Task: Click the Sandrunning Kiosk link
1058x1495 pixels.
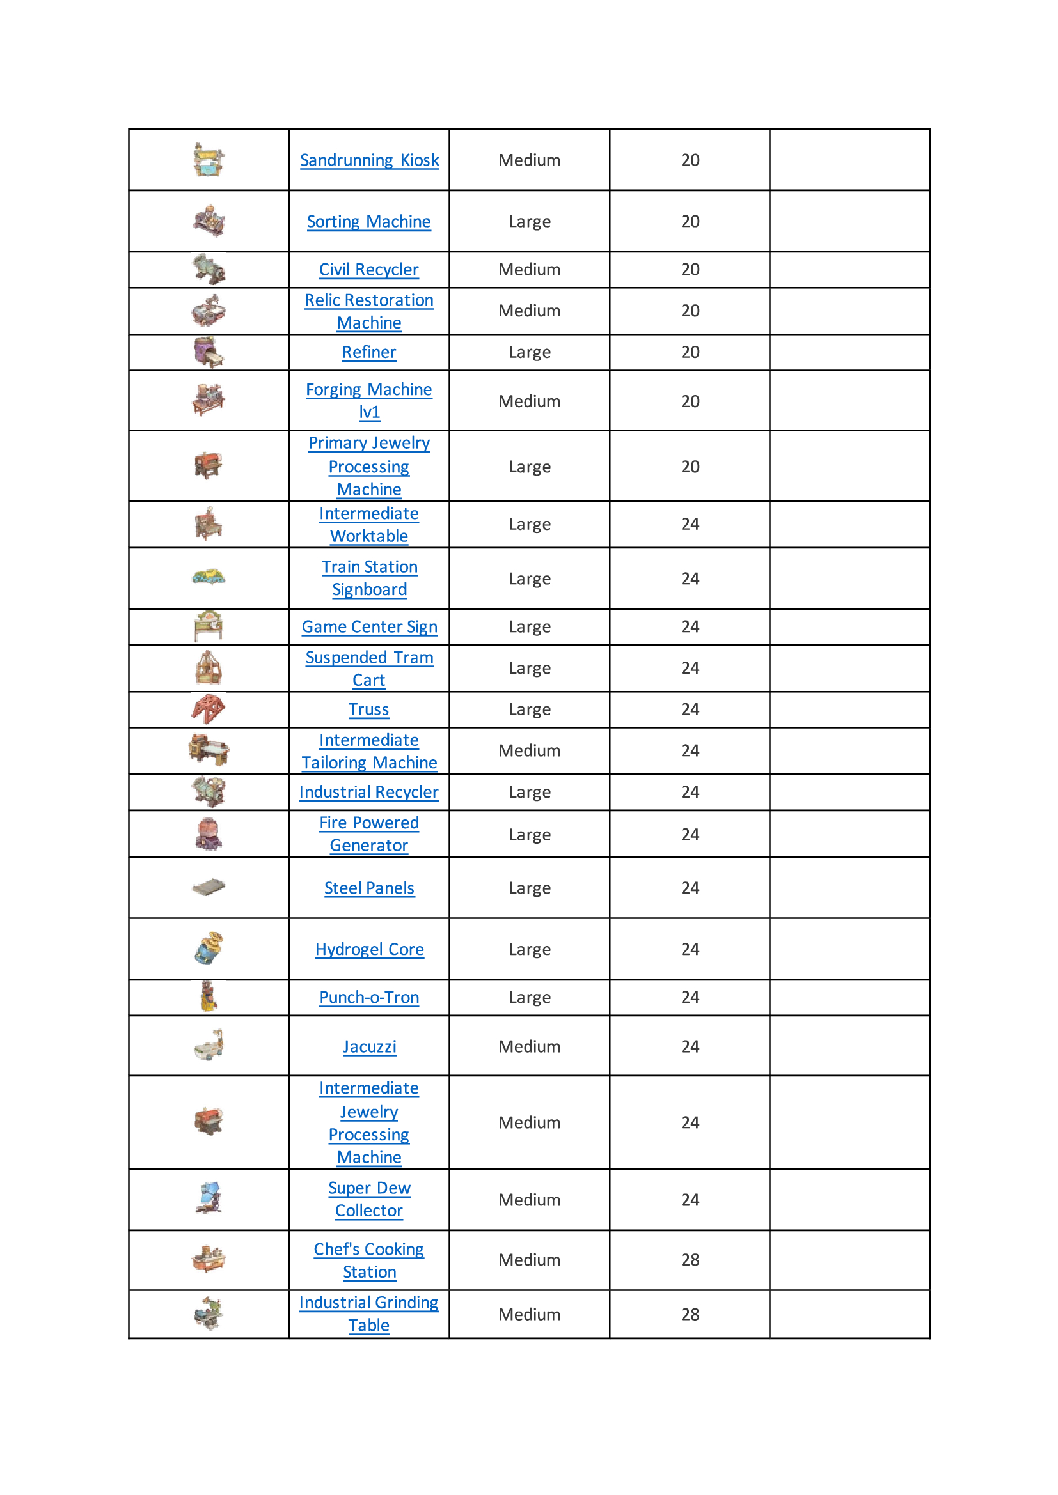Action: click(x=369, y=160)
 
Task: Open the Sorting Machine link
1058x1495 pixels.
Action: click(x=368, y=221)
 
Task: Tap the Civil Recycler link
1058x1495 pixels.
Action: click(x=368, y=270)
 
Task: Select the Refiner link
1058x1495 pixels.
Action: click(x=368, y=352)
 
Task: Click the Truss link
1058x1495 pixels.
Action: click(x=368, y=709)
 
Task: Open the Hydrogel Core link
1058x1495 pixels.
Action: click(x=369, y=949)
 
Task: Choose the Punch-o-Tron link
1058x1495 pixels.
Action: click(x=368, y=998)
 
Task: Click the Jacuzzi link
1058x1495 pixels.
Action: click(x=369, y=1046)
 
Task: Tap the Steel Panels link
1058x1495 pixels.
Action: click(x=369, y=888)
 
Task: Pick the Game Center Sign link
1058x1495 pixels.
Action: click(x=369, y=626)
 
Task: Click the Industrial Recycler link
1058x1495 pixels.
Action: click(x=368, y=792)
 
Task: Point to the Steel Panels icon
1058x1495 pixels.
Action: click(x=209, y=887)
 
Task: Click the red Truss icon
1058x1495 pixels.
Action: click(x=209, y=708)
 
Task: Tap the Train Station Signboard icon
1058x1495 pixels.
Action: click(x=209, y=577)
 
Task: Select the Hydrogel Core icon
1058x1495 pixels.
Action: click(x=209, y=948)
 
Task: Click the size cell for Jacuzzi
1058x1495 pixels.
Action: click(x=529, y=1046)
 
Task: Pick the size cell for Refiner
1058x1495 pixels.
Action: click(x=529, y=352)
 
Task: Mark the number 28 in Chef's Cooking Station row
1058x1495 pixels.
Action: click(x=690, y=1260)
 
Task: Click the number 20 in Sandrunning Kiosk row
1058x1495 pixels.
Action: click(x=690, y=160)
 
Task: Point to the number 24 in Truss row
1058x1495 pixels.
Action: click(x=690, y=709)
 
